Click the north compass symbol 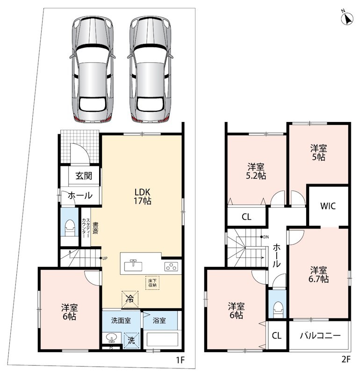[347, 19]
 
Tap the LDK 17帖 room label [143, 196]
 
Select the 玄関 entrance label [84, 176]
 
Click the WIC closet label [328, 206]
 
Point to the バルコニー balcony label [320, 335]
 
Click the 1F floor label [180, 360]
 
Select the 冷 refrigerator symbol [130, 299]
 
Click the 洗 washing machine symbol [131, 340]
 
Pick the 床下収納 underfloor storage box [152, 283]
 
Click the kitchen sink [133, 266]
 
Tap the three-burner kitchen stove [171, 266]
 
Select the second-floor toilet [277, 310]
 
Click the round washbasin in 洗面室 [111, 338]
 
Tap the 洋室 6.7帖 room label [319, 275]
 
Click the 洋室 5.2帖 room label [256, 171]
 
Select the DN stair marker [265, 237]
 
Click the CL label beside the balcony [276, 336]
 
